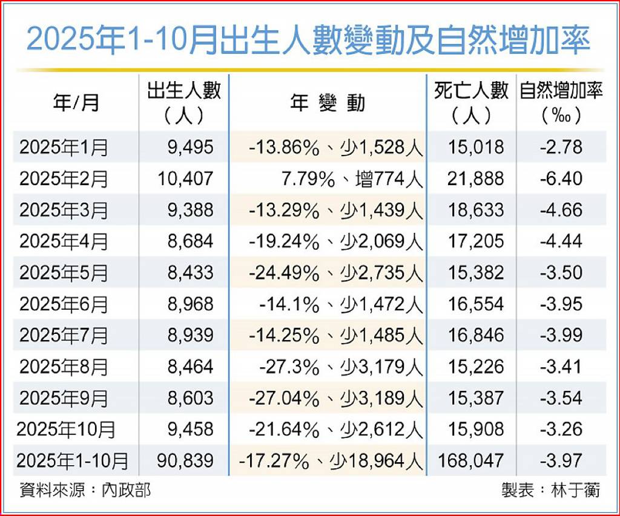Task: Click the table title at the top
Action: [x=309, y=41]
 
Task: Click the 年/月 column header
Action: [x=76, y=103]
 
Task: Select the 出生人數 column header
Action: [x=184, y=102]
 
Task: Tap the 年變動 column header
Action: [x=328, y=103]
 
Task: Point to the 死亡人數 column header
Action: [x=472, y=102]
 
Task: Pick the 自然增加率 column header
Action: [x=561, y=102]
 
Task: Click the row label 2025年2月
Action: [x=64, y=178]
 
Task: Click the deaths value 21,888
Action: [x=476, y=178]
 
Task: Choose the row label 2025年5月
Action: [x=64, y=273]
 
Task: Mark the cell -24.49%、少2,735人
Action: [x=335, y=273]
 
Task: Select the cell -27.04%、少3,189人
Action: [x=335, y=398]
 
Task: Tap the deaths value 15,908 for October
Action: [x=476, y=429]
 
